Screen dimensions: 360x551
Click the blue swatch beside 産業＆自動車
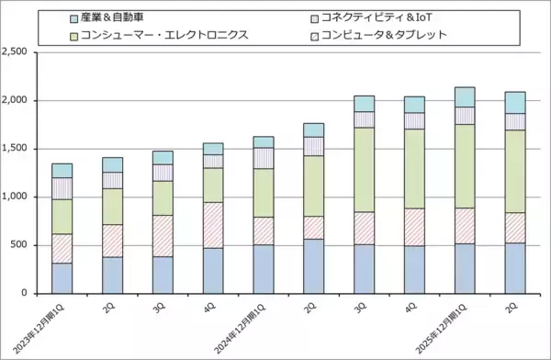click(x=74, y=18)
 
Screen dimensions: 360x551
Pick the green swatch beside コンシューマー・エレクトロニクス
click(x=74, y=36)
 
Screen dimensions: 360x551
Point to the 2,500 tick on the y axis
click(x=15, y=51)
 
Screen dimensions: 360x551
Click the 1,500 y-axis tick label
click(x=15, y=149)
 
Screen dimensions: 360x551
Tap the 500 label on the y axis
click(x=19, y=245)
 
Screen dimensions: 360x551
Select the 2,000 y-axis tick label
click(x=15, y=100)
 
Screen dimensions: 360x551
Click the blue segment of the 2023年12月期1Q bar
click(x=62, y=277)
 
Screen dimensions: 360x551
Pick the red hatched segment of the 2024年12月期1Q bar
click(x=264, y=231)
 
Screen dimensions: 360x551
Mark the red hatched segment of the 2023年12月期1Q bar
click(x=62, y=248)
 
